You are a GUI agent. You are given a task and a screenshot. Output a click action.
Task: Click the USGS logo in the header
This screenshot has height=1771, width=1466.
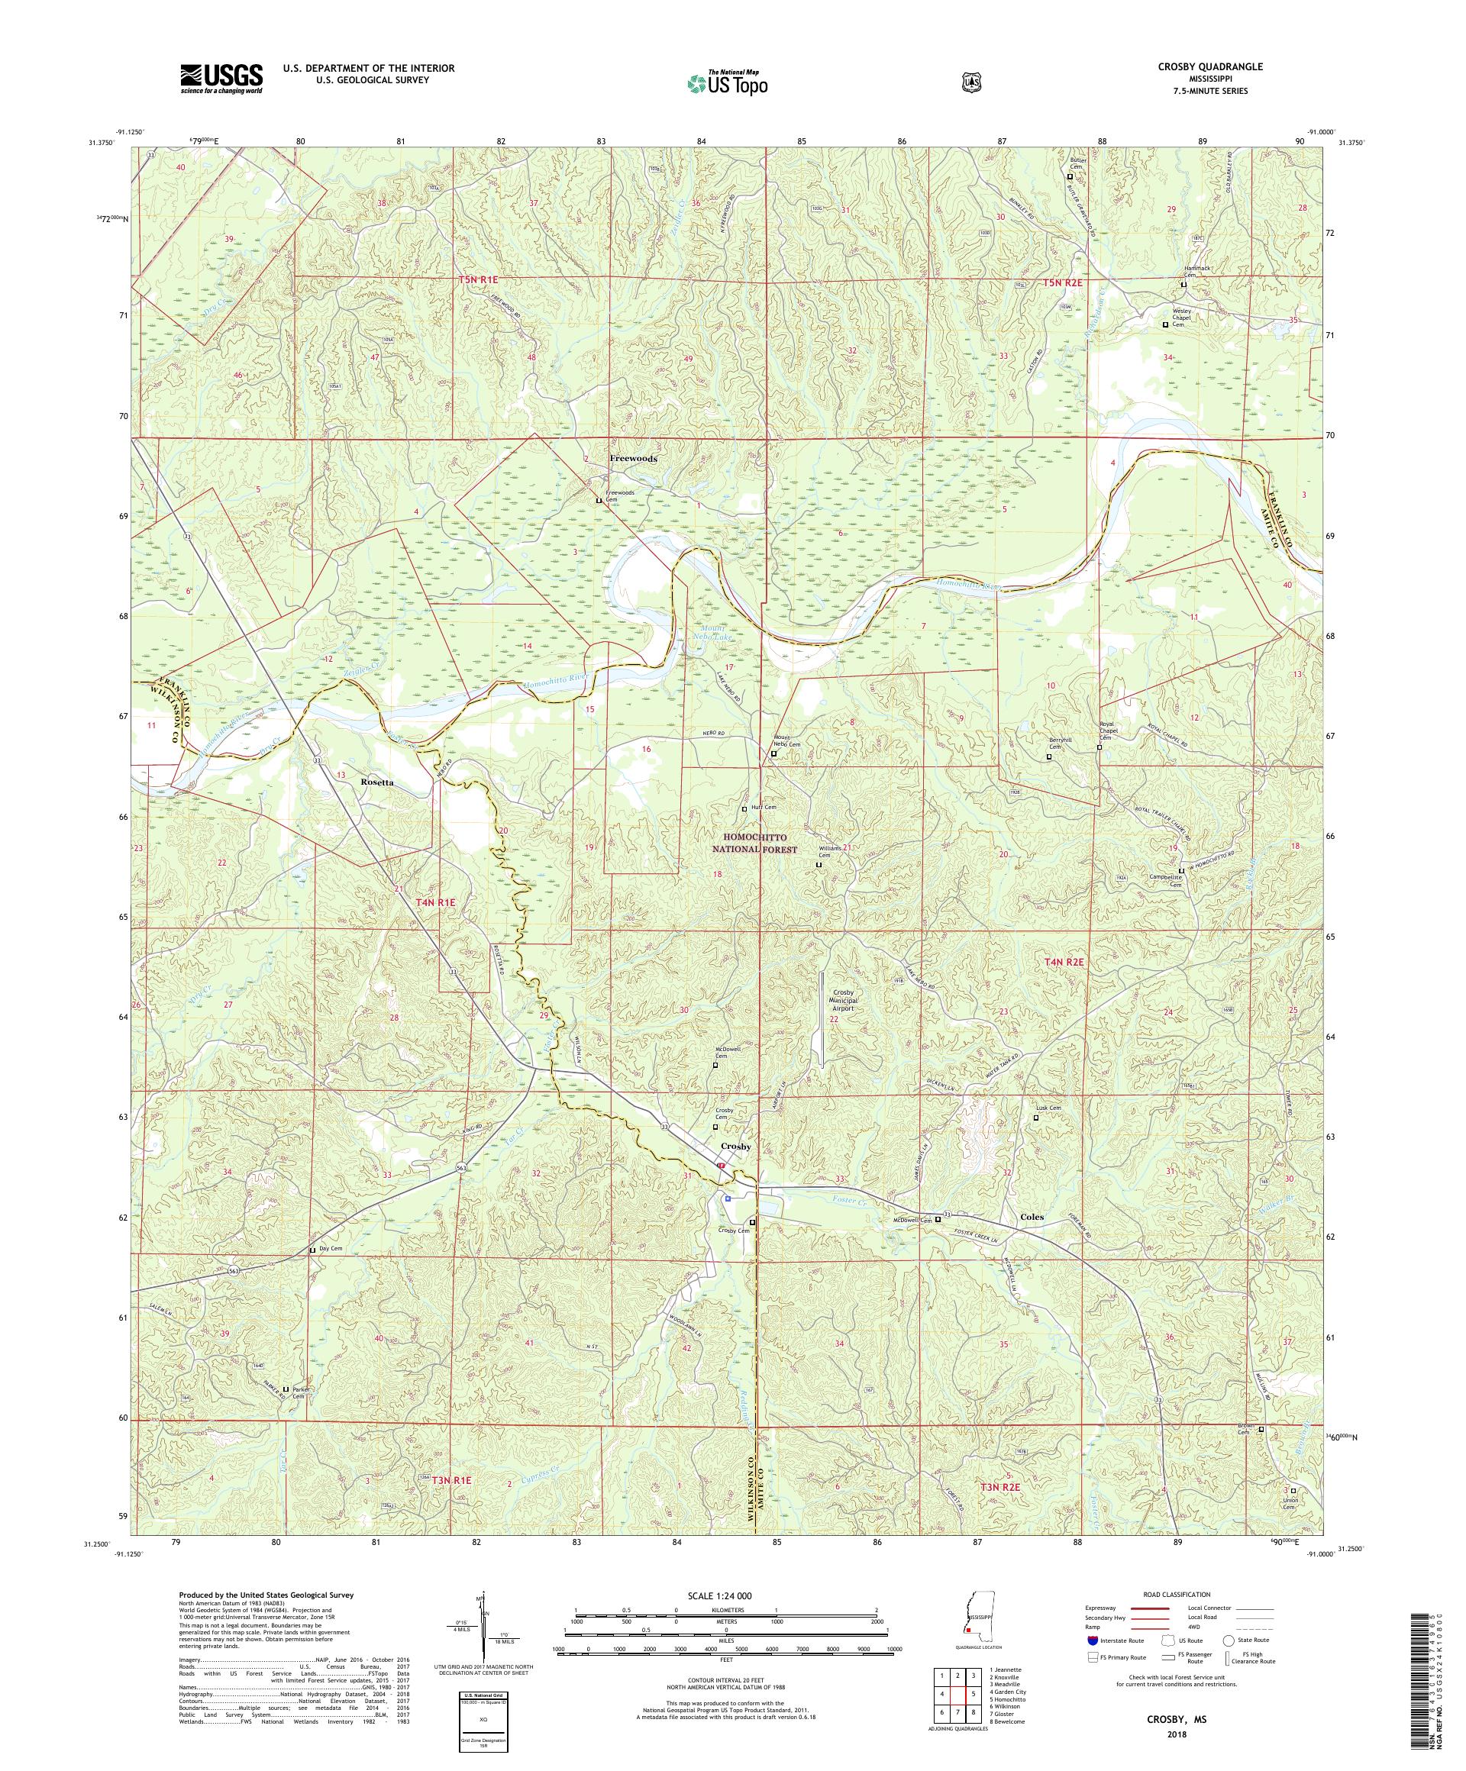tap(221, 79)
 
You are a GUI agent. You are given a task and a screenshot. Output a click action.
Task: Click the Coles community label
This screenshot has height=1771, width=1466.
tap(1031, 1217)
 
